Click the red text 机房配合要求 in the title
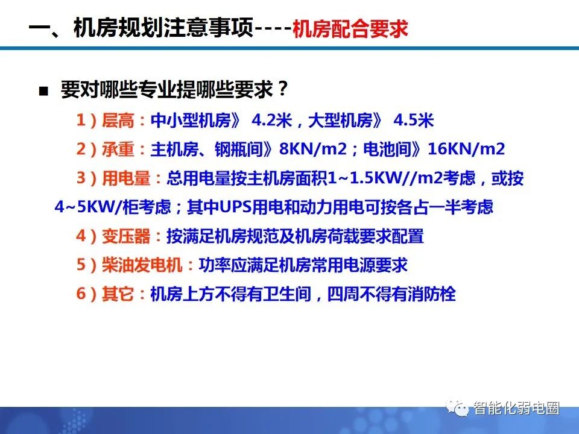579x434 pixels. click(x=350, y=30)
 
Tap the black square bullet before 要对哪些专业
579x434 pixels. click(x=43, y=92)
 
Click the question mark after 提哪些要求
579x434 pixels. click(x=282, y=90)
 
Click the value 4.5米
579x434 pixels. click(x=414, y=121)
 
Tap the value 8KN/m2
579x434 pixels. click(x=311, y=149)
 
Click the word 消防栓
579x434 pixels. click(x=434, y=294)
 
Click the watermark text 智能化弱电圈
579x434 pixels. click(x=516, y=409)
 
